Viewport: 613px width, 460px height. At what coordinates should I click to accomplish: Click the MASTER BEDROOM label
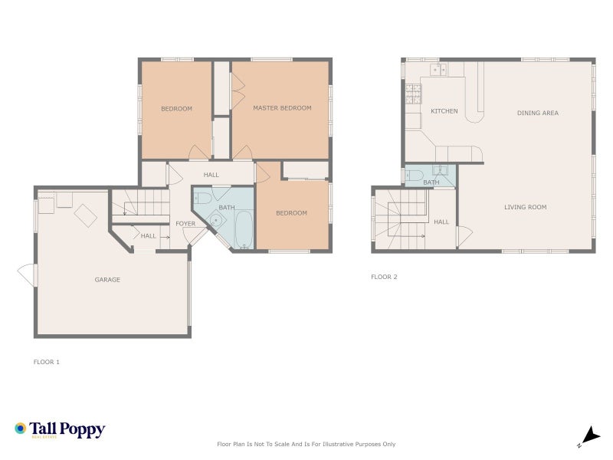282,108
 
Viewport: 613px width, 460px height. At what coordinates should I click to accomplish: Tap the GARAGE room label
107,280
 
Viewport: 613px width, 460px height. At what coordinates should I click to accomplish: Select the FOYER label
186,224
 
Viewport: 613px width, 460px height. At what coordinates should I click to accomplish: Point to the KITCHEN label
444,111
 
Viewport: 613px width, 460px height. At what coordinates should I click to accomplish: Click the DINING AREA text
537,113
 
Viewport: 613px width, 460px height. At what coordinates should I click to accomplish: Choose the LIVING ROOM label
525,207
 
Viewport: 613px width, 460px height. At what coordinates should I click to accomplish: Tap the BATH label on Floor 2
431,182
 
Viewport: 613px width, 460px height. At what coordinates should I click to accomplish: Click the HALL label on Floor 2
441,222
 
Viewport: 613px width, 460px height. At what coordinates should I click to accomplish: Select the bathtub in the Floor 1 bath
244,230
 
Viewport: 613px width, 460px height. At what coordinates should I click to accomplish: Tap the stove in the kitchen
412,94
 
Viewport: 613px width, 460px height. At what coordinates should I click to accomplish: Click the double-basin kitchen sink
439,69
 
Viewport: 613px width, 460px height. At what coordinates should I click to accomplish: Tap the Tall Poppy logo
60,429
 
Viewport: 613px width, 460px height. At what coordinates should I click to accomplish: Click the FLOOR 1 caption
47,362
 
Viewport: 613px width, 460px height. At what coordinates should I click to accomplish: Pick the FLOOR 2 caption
384,277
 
